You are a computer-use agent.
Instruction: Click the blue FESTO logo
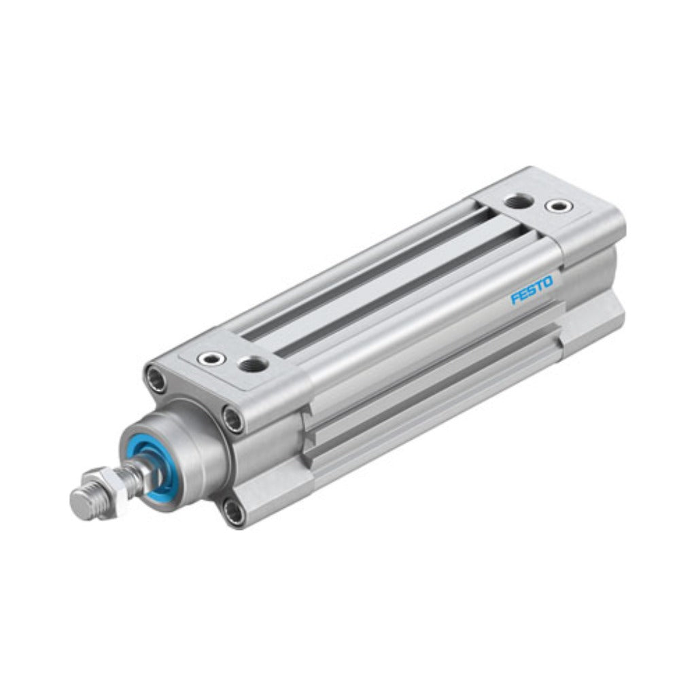[x=532, y=290]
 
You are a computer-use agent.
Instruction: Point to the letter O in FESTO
[x=549, y=282]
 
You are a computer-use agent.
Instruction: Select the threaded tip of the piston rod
[x=84, y=504]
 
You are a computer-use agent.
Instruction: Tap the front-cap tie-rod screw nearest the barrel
[x=234, y=418]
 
